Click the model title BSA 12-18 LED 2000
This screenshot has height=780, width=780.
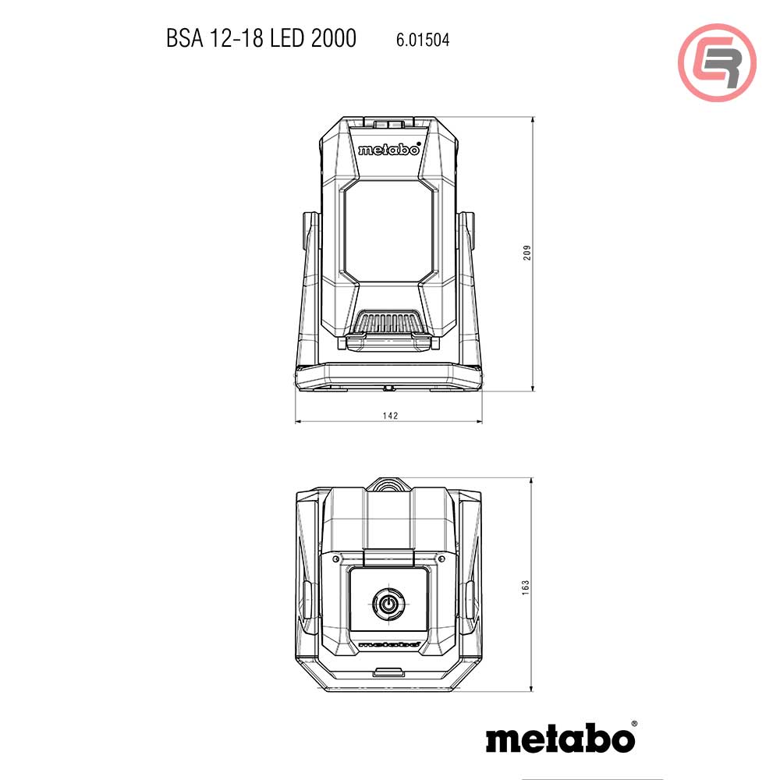pos(261,38)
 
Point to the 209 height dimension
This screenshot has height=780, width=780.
pos(527,254)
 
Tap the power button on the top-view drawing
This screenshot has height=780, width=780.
pos(388,603)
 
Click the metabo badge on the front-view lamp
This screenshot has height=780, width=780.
pos(389,149)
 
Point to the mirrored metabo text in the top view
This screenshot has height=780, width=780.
pos(389,646)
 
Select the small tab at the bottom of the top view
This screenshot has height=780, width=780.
pos(388,672)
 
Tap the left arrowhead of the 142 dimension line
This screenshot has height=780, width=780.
pos(299,423)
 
